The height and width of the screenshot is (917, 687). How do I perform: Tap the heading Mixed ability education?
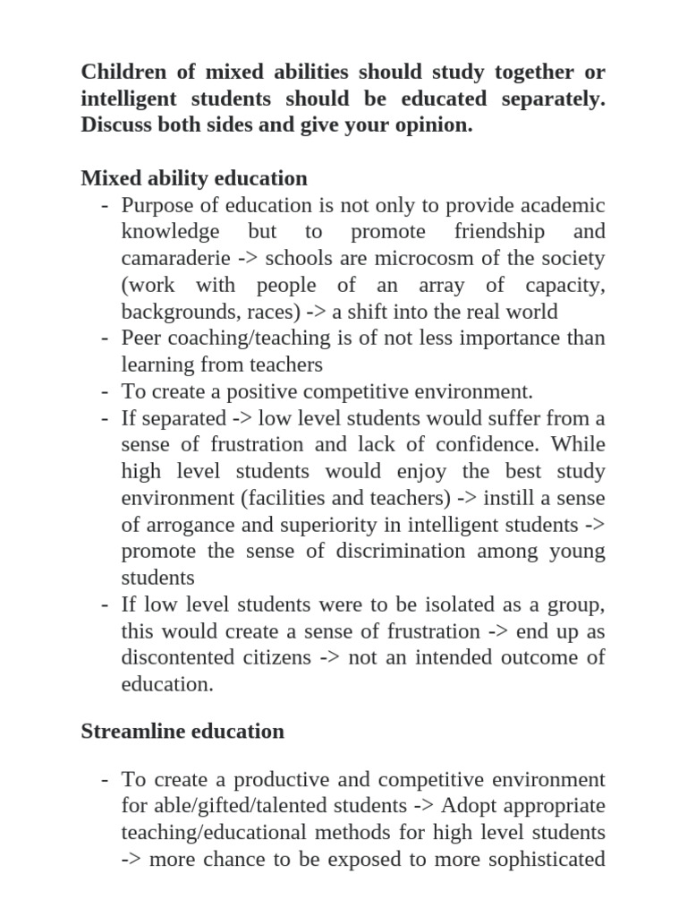194,178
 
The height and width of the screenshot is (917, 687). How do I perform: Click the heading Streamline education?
182,731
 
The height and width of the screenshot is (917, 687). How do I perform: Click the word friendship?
498,232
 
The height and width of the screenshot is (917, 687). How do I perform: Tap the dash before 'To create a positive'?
105,391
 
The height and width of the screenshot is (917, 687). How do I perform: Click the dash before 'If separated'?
105,418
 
